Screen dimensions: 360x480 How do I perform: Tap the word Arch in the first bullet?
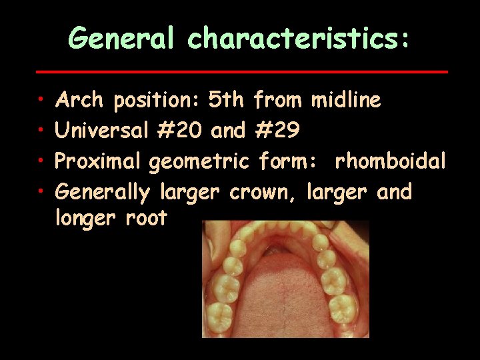(x=79, y=101)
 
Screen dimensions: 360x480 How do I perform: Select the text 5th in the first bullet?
(x=227, y=101)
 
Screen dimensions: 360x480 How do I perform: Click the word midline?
(x=346, y=101)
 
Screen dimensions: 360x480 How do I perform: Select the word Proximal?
(x=98, y=162)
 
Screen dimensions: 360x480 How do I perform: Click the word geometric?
(x=199, y=162)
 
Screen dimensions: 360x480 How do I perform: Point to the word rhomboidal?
(x=391, y=162)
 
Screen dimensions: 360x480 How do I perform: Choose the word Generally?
(x=103, y=193)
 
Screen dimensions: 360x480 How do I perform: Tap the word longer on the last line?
(x=85, y=218)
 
